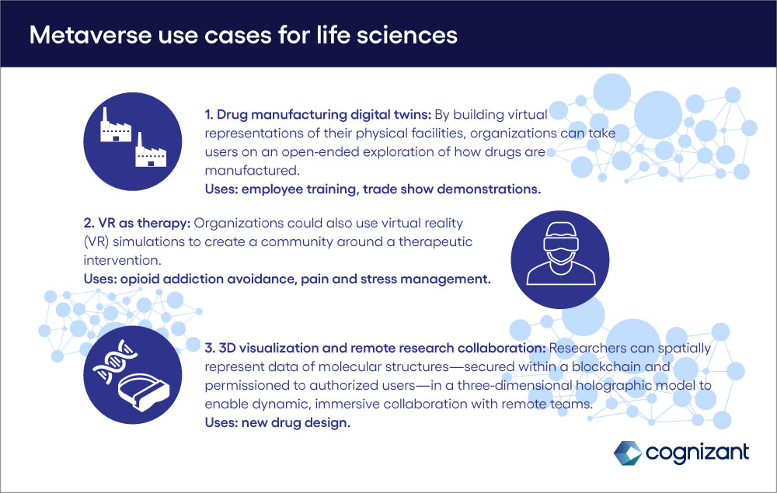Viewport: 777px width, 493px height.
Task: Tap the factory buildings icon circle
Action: click(x=133, y=141)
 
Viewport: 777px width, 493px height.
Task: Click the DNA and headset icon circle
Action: click(x=133, y=375)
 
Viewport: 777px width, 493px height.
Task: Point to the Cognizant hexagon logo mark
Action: click(x=628, y=453)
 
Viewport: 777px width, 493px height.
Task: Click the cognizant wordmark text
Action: click(x=698, y=453)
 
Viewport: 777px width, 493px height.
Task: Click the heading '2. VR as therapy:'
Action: click(x=138, y=224)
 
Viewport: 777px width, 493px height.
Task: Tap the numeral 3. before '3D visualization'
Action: click(x=210, y=348)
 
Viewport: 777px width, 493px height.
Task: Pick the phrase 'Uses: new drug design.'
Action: click(x=277, y=422)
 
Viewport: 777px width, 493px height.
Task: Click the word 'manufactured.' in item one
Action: click(x=253, y=170)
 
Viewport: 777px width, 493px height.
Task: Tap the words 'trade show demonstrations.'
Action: click(x=452, y=189)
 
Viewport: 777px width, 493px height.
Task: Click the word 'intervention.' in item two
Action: click(x=123, y=260)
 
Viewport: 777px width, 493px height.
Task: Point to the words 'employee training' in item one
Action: click(x=298, y=189)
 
